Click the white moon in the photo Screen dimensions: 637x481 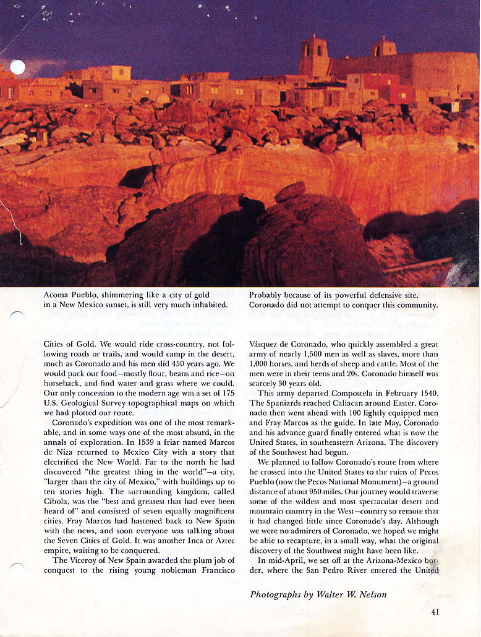tap(17, 67)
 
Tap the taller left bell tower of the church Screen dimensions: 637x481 tap(313, 57)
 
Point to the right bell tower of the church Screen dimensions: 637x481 tap(385, 48)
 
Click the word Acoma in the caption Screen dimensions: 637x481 tap(57, 295)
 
